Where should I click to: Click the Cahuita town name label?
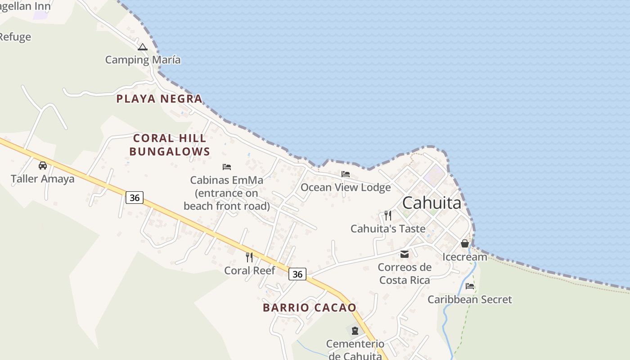click(x=432, y=203)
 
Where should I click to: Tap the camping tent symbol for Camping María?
click(x=143, y=47)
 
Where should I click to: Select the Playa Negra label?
click(x=159, y=99)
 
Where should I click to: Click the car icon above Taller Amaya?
click(x=43, y=166)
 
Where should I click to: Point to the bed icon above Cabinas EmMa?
click(x=227, y=167)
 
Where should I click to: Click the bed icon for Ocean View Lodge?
click(x=346, y=174)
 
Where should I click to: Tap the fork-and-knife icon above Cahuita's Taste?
click(x=388, y=216)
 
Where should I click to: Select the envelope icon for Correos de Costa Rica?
click(x=405, y=254)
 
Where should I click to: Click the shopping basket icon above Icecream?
click(x=465, y=243)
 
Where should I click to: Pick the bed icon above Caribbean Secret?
click(x=470, y=286)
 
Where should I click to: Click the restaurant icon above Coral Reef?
click(x=249, y=257)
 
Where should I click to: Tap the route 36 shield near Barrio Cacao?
click(x=297, y=274)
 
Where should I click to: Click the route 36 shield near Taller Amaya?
click(x=135, y=197)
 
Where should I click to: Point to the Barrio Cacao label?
click(x=310, y=308)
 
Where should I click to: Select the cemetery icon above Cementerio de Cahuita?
click(x=355, y=331)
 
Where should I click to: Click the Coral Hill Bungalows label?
click(x=170, y=145)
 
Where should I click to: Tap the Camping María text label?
click(x=143, y=60)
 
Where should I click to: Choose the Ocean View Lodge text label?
click(x=346, y=187)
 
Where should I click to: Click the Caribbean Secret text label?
click(x=470, y=299)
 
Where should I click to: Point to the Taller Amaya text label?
click(x=43, y=179)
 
